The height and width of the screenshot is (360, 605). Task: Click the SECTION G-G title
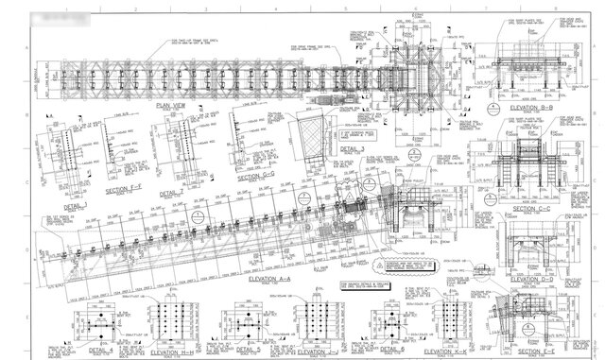[256, 176]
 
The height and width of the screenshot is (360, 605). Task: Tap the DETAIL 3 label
[351, 148]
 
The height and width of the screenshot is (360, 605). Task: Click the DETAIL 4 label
[97, 350]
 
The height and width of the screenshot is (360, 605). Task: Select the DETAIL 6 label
[389, 350]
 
